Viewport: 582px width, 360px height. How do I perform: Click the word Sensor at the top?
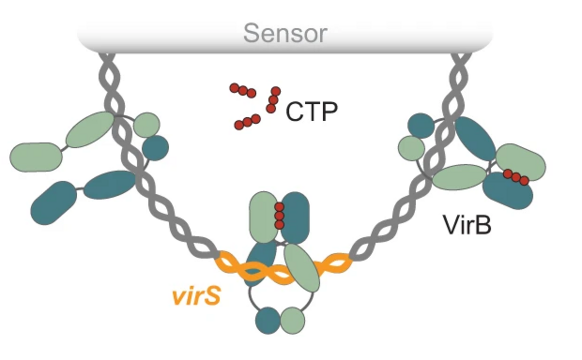285,33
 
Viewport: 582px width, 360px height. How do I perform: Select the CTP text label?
311,112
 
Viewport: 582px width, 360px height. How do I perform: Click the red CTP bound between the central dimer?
279,216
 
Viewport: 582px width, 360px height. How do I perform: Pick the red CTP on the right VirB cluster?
516,177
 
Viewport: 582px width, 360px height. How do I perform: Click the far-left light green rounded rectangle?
36,157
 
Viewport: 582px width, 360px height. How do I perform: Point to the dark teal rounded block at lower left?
53,203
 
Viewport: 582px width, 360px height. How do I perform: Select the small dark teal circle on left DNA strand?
155,147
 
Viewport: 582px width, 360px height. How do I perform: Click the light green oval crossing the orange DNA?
301,267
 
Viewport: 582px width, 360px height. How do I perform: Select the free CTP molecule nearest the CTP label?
273,99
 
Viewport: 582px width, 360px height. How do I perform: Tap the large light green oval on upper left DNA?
90,130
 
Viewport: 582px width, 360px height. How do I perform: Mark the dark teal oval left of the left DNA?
109,184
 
